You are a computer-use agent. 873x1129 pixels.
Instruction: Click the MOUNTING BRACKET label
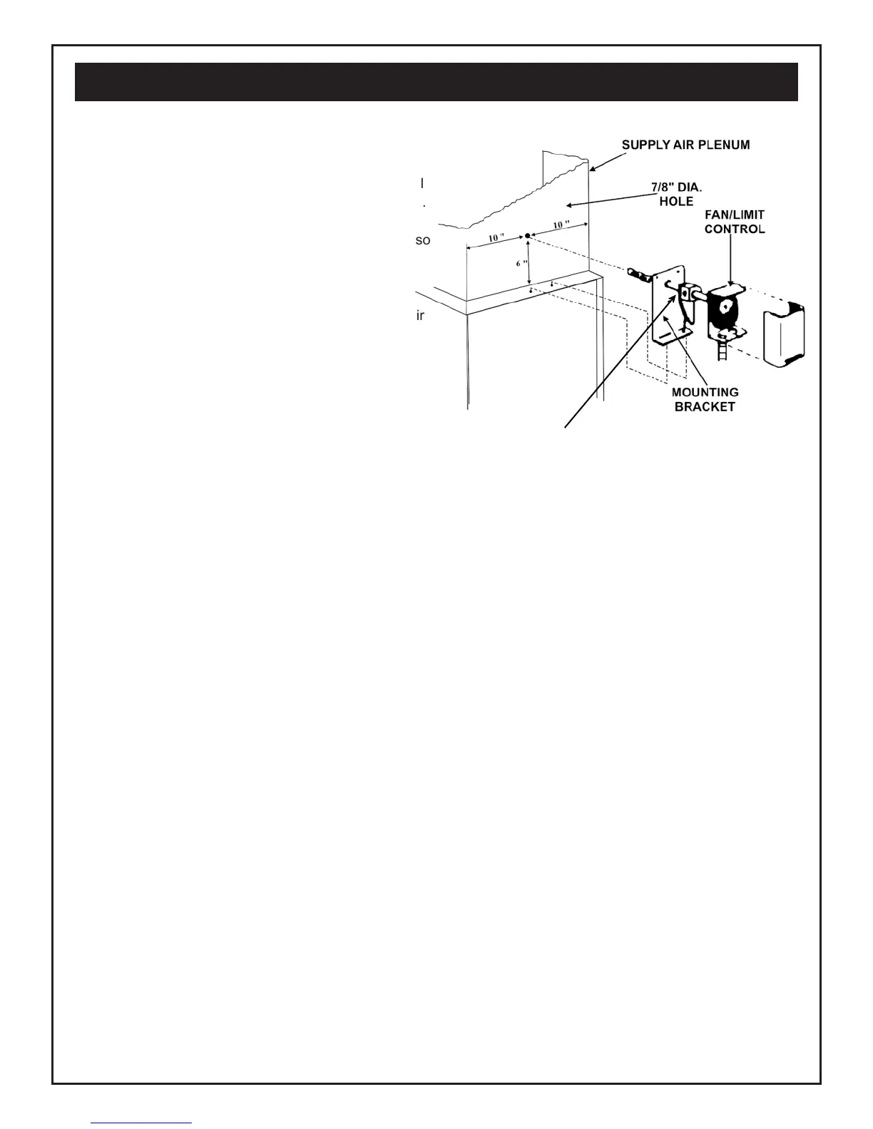pyautogui.click(x=705, y=399)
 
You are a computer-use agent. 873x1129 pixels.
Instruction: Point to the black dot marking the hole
pyautogui.click(x=527, y=235)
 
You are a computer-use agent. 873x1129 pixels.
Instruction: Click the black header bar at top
pyautogui.click(x=436, y=82)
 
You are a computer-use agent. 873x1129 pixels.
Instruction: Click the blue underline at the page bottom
pyautogui.click(x=142, y=1123)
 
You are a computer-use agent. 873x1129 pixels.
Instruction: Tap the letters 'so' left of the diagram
pyautogui.click(x=423, y=241)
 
